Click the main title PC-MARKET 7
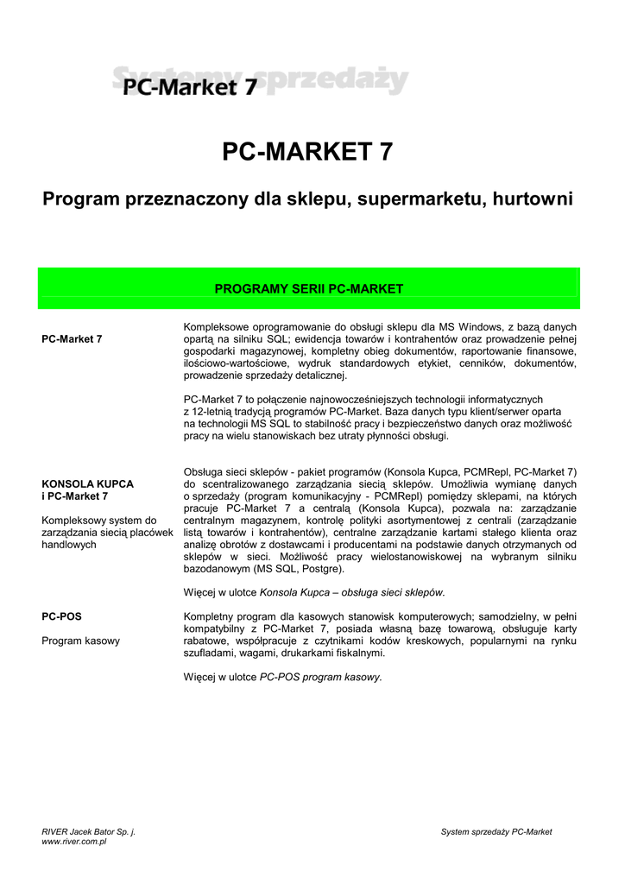[x=307, y=152]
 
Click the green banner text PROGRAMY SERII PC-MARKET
[x=308, y=288]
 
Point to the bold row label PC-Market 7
[x=72, y=339]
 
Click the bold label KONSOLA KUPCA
[x=87, y=483]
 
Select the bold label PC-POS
[x=61, y=617]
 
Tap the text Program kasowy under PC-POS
[x=81, y=641]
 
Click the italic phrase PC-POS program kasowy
[x=319, y=678]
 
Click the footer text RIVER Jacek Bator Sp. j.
[x=88, y=831]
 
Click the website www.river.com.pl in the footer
[x=73, y=842]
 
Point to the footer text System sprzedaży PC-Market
[x=496, y=831]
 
